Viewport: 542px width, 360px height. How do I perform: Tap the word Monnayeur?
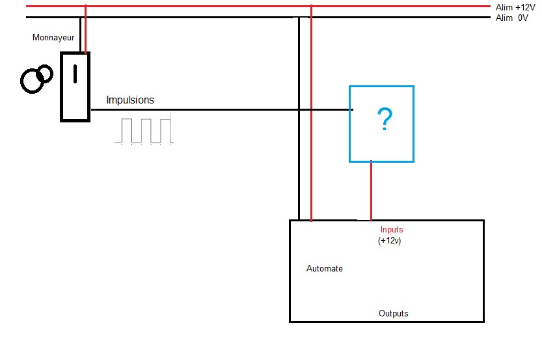point(53,38)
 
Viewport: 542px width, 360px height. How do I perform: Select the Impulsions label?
point(130,100)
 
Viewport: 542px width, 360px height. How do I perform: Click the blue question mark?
point(385,119)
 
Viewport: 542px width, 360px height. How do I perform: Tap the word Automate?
point(324,269)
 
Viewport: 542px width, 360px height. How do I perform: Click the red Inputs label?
point(392,230)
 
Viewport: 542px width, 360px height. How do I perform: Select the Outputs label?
point(394,314)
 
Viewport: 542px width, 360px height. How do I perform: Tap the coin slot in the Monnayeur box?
point(75,74)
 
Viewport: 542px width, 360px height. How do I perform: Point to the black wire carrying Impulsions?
point(221,110)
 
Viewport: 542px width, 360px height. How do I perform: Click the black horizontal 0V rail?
point(195,17)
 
